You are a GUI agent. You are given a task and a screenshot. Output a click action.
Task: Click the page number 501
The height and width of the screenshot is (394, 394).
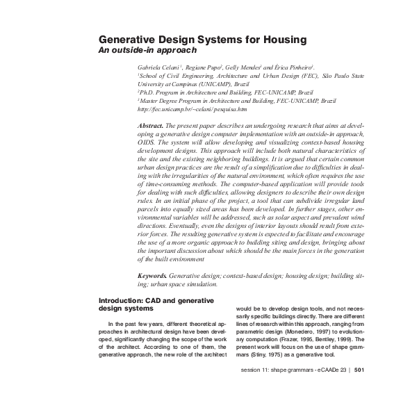[x=359, y=370]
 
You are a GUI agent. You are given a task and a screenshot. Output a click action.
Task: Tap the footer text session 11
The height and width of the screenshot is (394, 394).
[x=254, y=370]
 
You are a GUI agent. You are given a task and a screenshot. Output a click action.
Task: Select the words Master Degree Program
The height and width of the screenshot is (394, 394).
[x=173, y=101]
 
